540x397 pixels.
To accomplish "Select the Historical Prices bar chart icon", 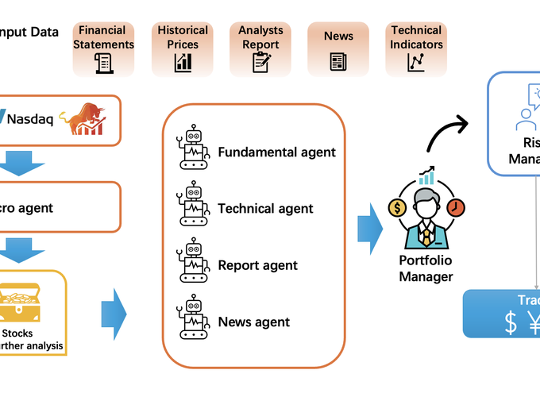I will (x=183, y=62).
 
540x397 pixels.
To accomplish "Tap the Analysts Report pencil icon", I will (x=261, y=61).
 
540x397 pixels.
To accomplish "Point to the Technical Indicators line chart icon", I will (x=415, y=62).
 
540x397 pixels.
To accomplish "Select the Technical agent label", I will (x=265, y=209).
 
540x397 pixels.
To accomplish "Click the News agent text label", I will (x=253, y=322).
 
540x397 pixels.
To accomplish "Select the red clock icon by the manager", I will (x=456, y=208).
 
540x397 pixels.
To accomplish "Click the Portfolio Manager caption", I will (x=426, y=268).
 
